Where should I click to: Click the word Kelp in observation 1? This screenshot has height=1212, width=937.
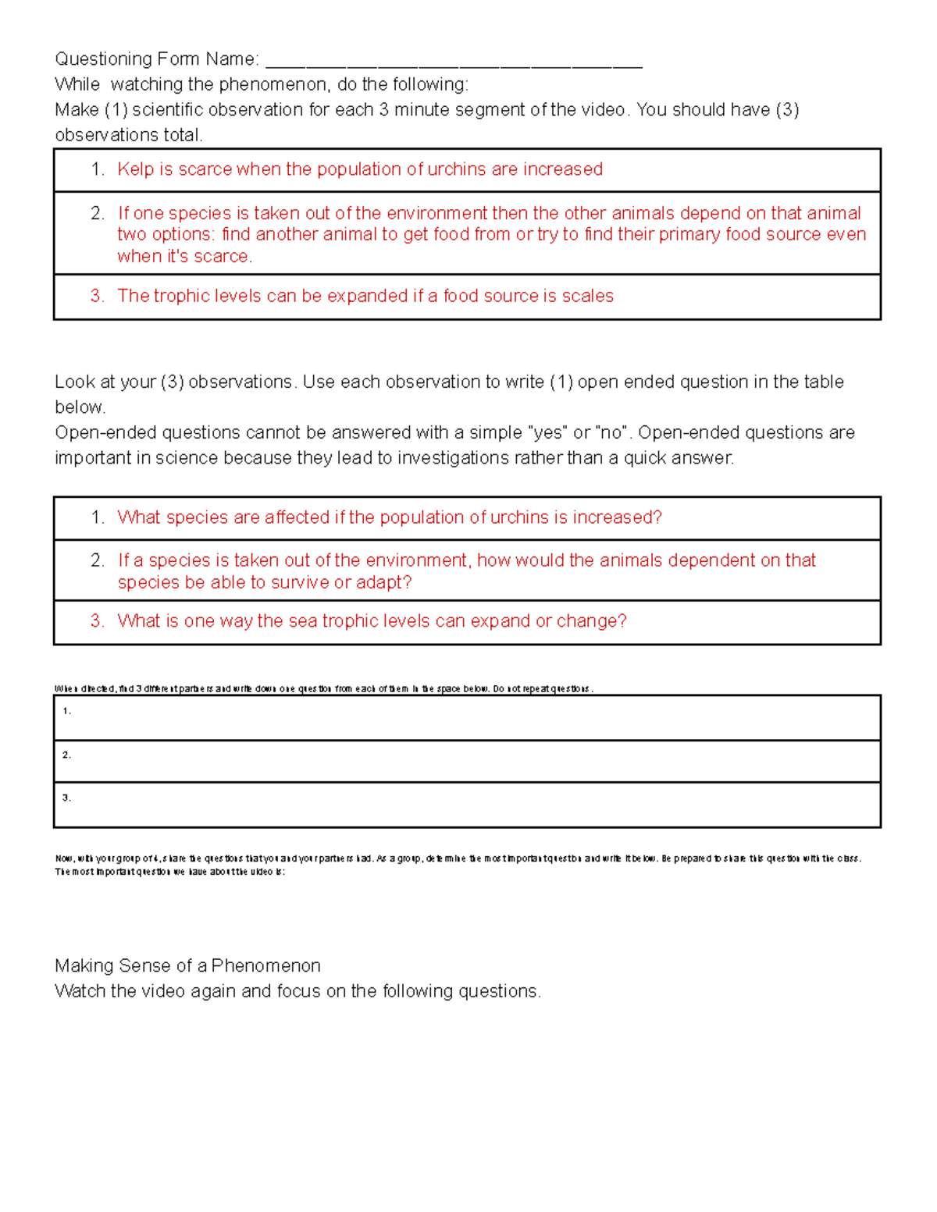coord(135,169)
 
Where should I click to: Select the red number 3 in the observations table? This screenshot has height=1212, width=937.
coord(97,296)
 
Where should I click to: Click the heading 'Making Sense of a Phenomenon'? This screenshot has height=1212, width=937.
coord(187,965)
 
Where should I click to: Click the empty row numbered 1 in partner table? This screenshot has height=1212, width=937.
coord(467,717)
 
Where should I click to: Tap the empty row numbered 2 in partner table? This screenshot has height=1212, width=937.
coord(467,761)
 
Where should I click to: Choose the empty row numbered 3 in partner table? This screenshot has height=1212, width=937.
coord(467,804)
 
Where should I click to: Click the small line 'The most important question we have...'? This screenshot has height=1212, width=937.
coord(169,872)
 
